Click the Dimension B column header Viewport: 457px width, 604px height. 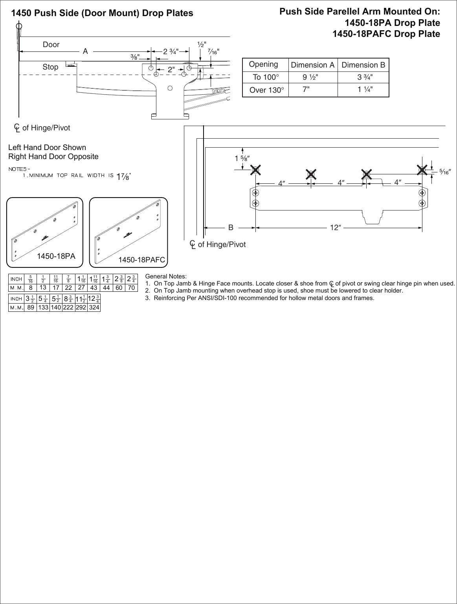pyautogui.click(x=363, y=65)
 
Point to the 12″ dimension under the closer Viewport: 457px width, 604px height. pyautogui.click(x=335, y=227)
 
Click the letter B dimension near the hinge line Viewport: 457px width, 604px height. pyautogui.click(x=231, y=227)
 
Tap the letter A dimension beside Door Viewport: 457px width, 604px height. pyautogui.click(x=85, y=51)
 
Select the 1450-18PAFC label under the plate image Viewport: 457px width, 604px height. pyautogui.click(x=141, y=260)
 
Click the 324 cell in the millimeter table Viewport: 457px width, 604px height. pyautogui.click(x=94, y=308)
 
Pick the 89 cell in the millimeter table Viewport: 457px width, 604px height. pyautogui.click(x=30, y=308)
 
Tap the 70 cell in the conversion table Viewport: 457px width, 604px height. pyautogui.click(x=131, y=288)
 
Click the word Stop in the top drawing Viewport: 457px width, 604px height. pyautogui.click(x=50, y=67)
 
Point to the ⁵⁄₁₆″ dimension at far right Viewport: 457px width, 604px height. pyautogui.click(x=444, y=172)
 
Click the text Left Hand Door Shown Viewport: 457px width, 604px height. pyautogui.click(x=47, y=148)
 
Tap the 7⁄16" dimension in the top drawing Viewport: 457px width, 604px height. pyautogui.click(x=213, y=51)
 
